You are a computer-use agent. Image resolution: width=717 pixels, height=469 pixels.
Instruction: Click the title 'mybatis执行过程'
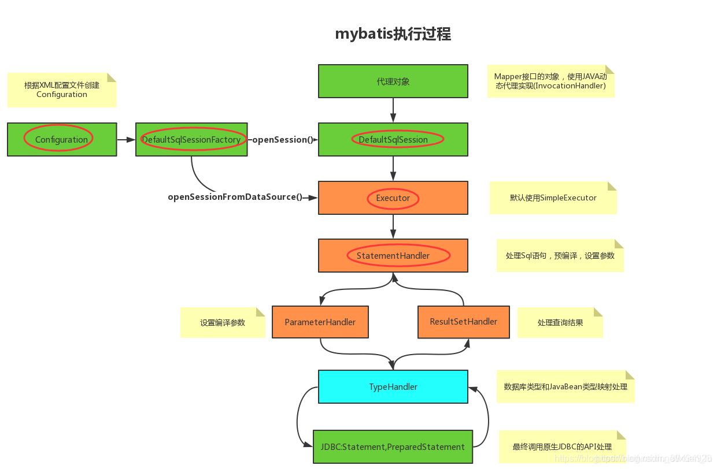[393, 34]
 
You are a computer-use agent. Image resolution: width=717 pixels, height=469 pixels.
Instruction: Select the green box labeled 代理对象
[393, 81]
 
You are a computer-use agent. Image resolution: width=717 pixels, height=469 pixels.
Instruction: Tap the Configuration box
[61, 139]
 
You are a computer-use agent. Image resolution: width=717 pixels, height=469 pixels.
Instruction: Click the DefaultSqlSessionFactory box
[191, 139]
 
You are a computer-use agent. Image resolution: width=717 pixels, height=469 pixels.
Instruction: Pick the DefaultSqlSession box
[393, 139]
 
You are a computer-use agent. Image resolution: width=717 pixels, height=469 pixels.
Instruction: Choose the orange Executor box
[393, 198]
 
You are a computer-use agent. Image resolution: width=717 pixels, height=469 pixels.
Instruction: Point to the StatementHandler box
[393, 255]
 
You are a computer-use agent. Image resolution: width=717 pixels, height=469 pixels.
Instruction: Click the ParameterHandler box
[320, 322]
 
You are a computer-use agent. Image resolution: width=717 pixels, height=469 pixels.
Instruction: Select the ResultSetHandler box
[463, 322]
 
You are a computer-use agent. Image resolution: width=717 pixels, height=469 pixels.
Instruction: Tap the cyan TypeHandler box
[393, 386]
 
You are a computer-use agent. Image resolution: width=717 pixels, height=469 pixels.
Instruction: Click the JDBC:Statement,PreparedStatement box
[393, 446]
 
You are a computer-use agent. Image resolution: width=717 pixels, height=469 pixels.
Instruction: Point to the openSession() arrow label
[283, 139]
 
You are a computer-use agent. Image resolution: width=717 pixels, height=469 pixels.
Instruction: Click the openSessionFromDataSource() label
[235, 197]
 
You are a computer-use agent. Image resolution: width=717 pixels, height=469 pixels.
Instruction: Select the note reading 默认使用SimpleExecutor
[553, 198]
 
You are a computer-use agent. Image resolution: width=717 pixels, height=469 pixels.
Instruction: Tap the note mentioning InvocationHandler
[550, 81]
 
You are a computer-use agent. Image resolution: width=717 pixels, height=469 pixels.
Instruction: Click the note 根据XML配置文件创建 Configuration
[62, 90]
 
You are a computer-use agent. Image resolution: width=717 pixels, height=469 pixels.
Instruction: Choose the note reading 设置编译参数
[223, 322]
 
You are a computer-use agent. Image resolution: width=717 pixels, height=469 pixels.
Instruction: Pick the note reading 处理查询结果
[560, 322]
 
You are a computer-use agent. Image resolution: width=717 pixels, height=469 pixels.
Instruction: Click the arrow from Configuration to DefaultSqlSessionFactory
[126, 139]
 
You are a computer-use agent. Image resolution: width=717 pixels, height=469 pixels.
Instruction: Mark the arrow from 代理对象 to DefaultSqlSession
[393, 110]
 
